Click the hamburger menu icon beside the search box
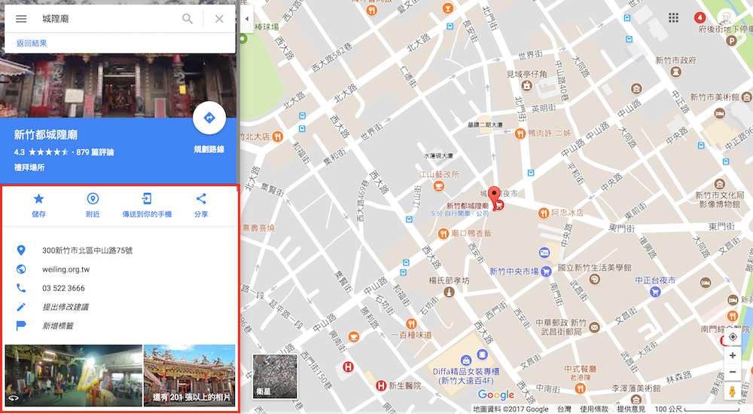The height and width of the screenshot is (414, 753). click(21, 19)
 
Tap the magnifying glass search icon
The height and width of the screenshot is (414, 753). click(187, 19)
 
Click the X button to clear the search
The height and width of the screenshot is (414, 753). click(219, 19)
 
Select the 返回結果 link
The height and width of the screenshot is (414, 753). click(32, 44)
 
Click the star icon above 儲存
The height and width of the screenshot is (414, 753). click(38, 199)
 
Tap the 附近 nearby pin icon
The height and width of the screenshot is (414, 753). click(93, 199)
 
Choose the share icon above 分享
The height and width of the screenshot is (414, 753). click(201, 199)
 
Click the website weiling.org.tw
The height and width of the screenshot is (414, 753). click(66, 269)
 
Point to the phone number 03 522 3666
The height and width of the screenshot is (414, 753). click(63, 288)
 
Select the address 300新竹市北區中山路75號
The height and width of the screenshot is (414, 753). click(87, 250)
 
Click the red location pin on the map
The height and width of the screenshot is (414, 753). click(494, 195)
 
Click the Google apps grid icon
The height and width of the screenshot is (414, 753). click(673, 18)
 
